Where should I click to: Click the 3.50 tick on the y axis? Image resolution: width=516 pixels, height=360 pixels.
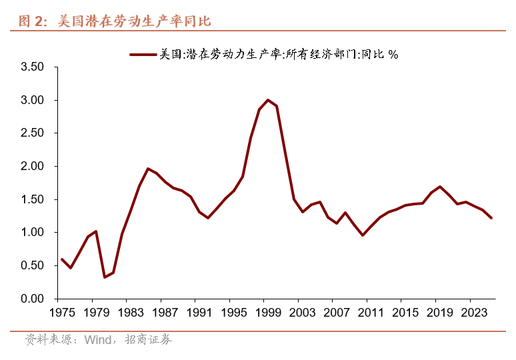[x=32, y=67]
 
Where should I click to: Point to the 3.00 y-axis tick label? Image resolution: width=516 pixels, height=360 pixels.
[x=32, y=100]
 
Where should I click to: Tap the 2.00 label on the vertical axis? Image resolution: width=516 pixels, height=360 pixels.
[x=32, y=166]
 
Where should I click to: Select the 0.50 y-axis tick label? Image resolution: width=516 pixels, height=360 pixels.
[x=32, y=265]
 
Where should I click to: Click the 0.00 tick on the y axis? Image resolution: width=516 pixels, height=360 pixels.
[x=32, y=299]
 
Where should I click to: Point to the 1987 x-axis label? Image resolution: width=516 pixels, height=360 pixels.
[x=165, y=312]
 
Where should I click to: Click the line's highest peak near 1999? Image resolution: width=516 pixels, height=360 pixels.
[x=268, y=100]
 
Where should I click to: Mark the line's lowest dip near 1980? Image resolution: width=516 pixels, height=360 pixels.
[x=105, y=277]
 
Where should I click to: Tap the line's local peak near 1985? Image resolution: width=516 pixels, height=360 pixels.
[x=148, y=169]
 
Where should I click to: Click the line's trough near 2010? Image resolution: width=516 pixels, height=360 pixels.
[x=362, y=235]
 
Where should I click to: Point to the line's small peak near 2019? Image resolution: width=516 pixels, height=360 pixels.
[x=440, y=187]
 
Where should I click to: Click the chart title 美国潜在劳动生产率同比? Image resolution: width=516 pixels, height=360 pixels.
[x=133, y=21]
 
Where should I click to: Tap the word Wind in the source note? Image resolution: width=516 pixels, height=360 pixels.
[x=98, y=340]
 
